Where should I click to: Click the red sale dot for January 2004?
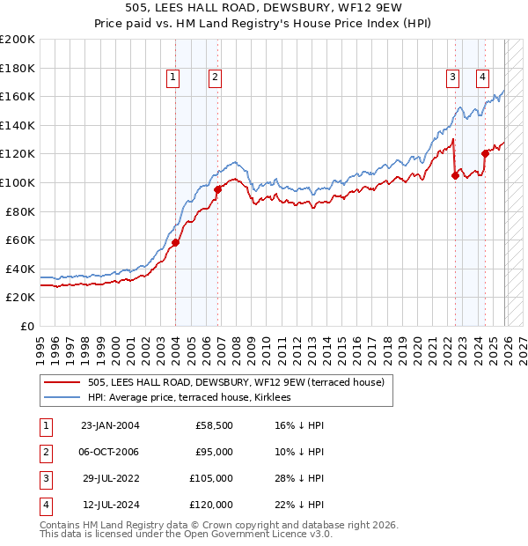tap(175, 242)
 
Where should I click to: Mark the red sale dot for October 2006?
tap(217, 189)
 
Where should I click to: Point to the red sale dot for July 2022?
tap(455, 175)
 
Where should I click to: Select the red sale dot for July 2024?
tap(485, 153)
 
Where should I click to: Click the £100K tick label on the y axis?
tap(18, 182)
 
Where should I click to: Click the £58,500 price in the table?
tap(214, 425)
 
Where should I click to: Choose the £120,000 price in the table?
tap(211, 505)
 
